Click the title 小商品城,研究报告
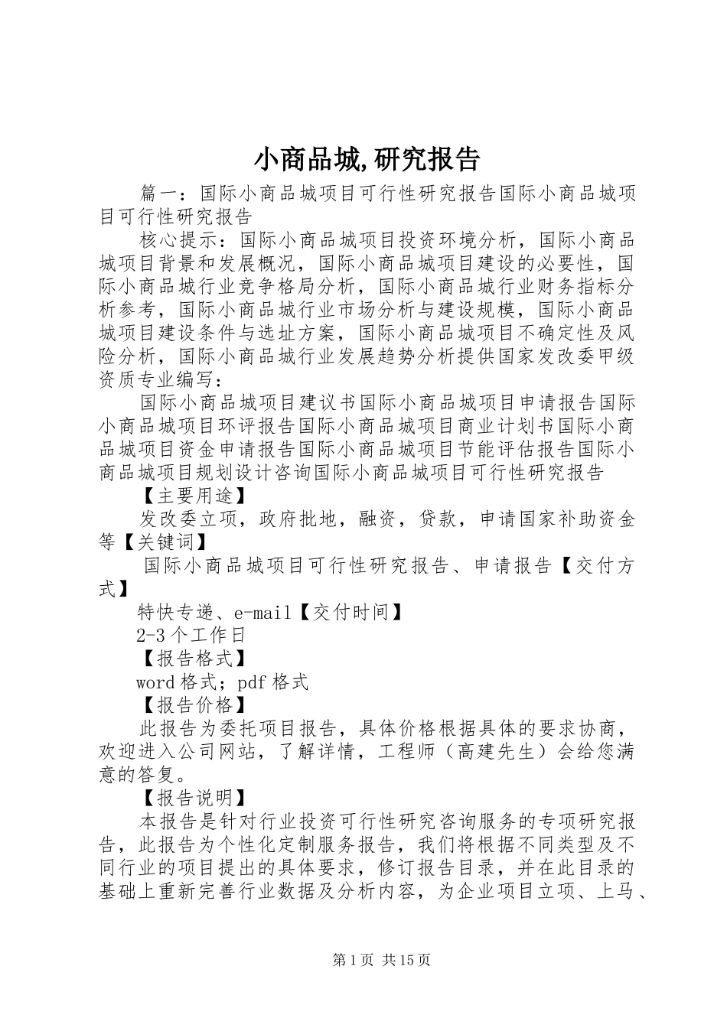(367, 160)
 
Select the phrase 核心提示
(181, 241)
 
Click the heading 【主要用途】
(191, 496)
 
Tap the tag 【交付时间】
(350, 612)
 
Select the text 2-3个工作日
(191, 635)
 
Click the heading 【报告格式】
(191, 659)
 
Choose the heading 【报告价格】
(191, 704)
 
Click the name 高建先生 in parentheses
(495, 752)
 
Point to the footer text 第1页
(350, 960)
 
